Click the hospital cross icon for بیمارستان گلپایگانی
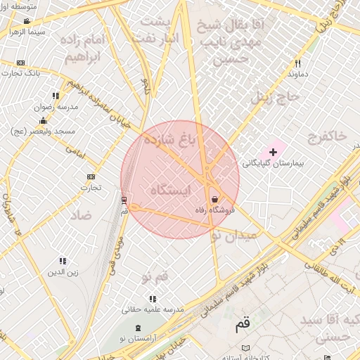(274, 152)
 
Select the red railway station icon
(124, 200)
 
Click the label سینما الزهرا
(27, 32)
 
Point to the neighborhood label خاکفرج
(326, 136)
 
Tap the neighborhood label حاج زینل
(271, 96)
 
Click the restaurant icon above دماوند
(294, 62)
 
